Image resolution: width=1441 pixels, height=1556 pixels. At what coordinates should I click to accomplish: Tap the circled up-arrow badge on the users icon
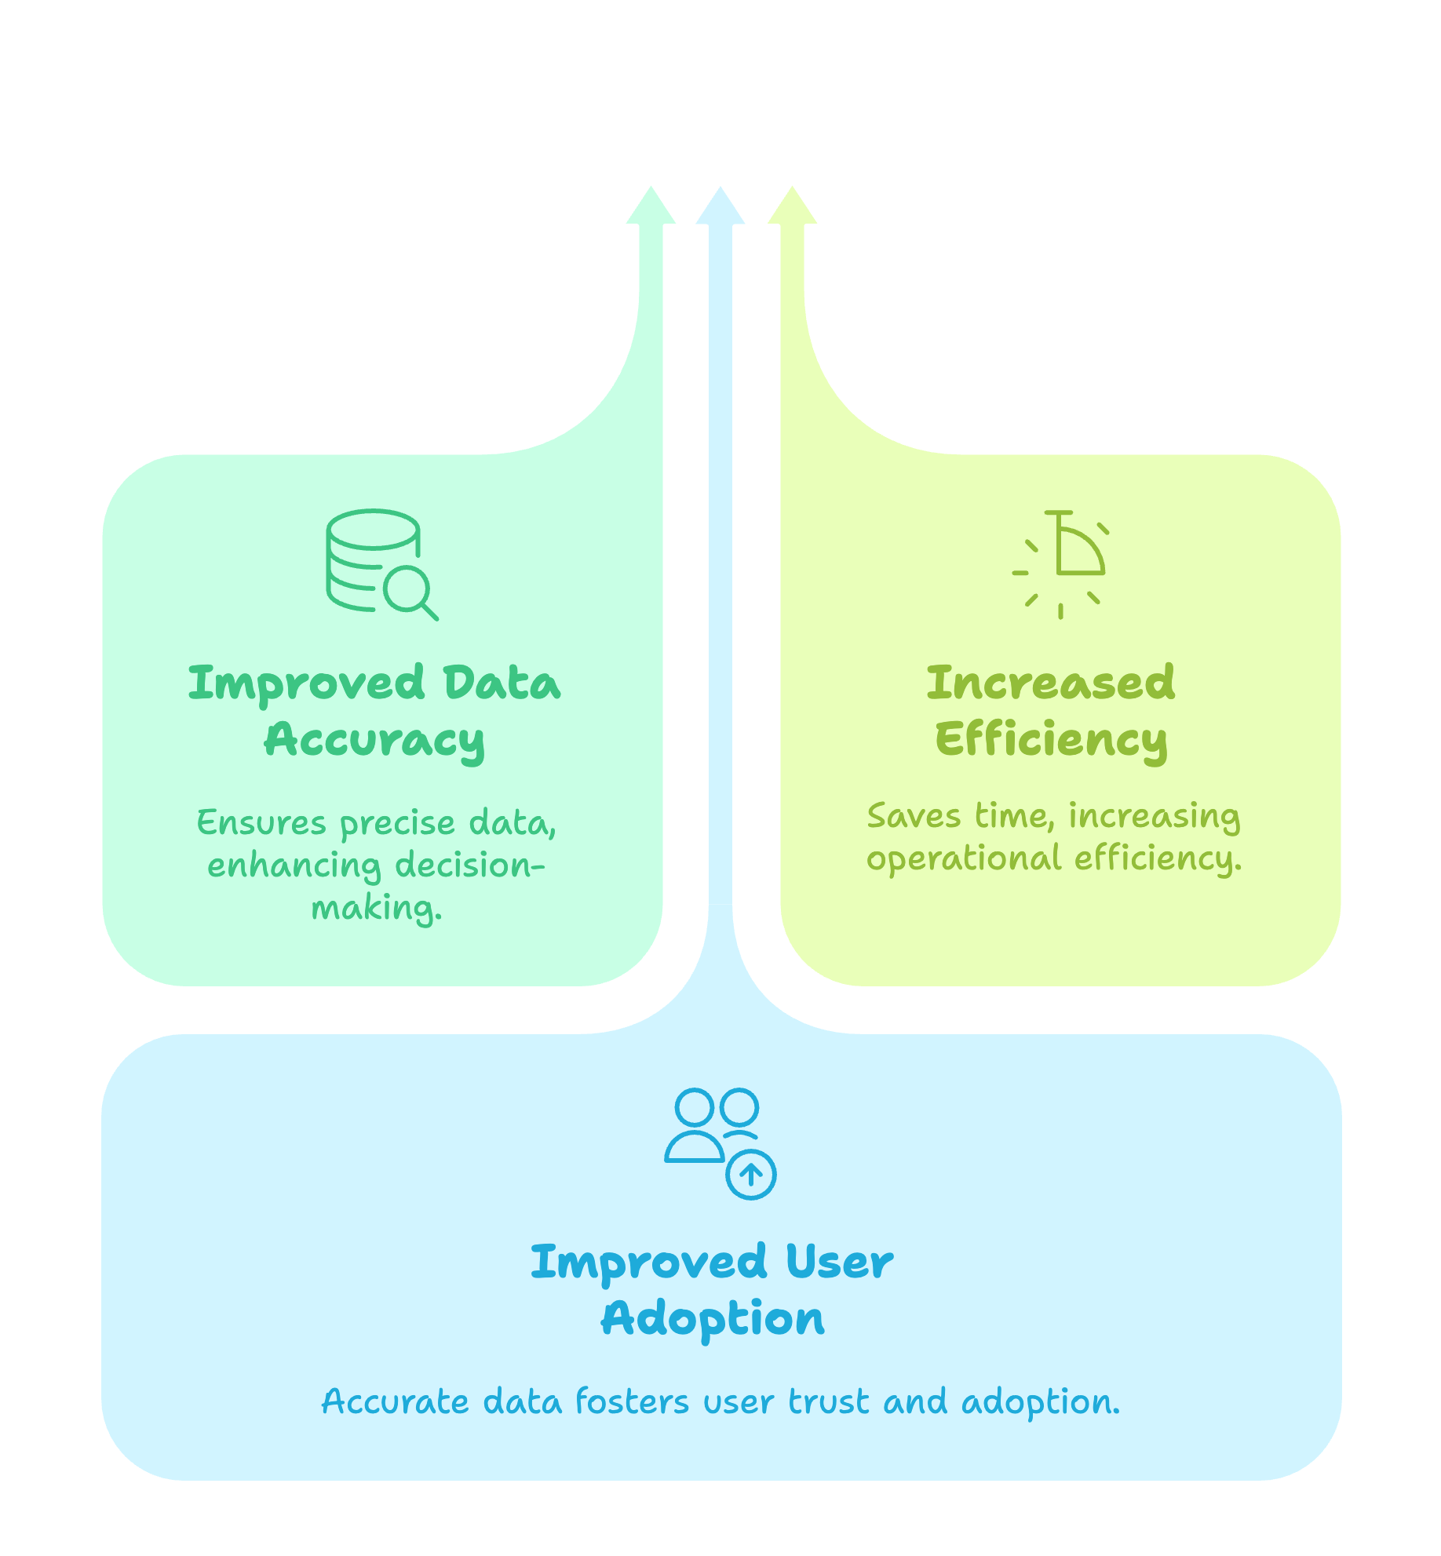[751, 1175]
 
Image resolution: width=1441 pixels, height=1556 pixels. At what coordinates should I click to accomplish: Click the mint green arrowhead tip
[651, 206]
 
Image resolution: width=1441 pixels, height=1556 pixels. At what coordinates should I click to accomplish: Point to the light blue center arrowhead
[720, 206]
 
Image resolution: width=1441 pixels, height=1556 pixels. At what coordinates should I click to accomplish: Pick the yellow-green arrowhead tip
[792, 206]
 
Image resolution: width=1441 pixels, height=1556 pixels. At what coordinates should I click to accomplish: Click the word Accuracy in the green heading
[374, 740]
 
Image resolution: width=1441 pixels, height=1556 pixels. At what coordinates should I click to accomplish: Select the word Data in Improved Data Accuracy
[502, 683]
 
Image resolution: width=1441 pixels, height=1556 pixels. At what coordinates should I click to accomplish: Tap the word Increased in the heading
[1051, 683]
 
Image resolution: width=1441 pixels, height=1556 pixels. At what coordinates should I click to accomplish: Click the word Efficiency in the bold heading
[1051, 740]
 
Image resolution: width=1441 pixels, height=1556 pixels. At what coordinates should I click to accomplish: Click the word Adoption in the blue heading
[713, 1319]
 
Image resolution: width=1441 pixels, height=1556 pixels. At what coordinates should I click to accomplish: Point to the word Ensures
[261, 823]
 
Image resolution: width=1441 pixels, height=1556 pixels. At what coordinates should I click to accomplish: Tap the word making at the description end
[377, 909]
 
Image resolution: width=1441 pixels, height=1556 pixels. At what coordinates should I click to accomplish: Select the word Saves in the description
[914, 816]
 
